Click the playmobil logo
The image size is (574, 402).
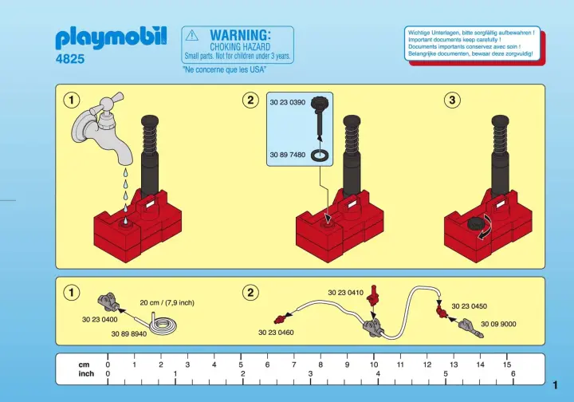coord(111,37)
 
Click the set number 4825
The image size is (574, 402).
coord(70,58)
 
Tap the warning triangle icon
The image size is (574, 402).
coord(192,36)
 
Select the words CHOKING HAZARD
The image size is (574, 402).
coord(240,47)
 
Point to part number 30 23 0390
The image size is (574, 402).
coord(287,103)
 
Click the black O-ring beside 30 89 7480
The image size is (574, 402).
coord(320,156)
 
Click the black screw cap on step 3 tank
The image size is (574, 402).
coord(474,223)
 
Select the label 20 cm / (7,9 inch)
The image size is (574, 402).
coord(167,303)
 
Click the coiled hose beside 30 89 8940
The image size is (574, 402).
coord(163,324)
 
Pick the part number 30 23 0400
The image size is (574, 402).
coord(100,320)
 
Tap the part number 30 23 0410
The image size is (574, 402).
coord(345,293)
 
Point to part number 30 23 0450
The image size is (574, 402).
coord(470,306)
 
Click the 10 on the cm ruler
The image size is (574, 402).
coord(374,365)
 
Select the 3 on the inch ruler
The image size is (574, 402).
coord(310,374)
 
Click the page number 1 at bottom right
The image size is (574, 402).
coord(556,385)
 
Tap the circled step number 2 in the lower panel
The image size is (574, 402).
coord(250,293)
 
